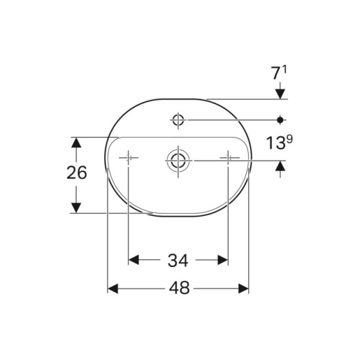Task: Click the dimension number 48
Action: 179,288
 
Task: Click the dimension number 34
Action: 178,261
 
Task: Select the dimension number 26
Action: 77,173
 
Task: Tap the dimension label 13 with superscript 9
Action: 279,142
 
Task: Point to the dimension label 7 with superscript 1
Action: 279,73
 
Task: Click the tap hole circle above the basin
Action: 178,120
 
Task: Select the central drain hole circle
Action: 178,160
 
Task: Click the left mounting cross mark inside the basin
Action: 128,158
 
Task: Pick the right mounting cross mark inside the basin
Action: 228,158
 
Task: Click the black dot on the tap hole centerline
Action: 280,120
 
